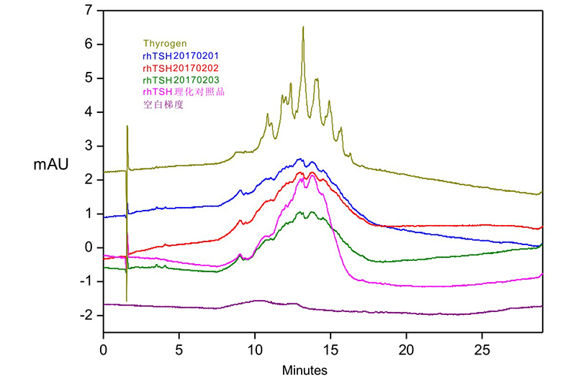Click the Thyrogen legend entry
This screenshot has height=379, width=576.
click(x=165, y=44)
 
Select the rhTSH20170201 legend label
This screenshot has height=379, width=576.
click(x=181, y=55)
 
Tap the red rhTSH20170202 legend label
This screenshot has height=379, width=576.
click(x=181, y=68)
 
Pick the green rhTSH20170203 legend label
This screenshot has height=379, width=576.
click(x=181, y=79)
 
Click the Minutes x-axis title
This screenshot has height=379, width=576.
click(x=305, y=370)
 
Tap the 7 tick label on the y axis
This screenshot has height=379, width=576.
click(x=89, y=11)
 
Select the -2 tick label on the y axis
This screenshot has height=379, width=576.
click(x=86, y=315)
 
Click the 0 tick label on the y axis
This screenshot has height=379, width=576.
click(x=89, y=247)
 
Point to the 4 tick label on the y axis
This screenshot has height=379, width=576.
click(x=89, y=112)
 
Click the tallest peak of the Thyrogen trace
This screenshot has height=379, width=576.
click(x=303, y=27)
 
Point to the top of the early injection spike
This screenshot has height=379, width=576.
click(x=127, y=127)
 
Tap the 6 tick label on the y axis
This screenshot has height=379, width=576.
click(x=89, y=45)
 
